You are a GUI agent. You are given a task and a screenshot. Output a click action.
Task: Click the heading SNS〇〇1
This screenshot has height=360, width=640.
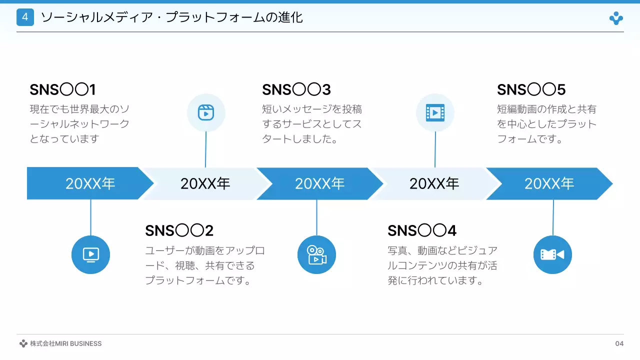(x=62, y=89)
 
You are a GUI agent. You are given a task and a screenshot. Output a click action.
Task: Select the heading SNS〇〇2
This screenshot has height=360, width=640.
(x=179, y=230)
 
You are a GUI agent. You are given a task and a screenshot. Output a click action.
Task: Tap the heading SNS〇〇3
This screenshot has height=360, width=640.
(x=296, y=89)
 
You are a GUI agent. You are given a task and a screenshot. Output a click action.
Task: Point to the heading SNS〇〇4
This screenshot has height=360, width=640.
(x=421, y=230)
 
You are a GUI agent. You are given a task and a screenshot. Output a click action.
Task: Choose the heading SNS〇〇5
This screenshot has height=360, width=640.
(x=531, y=89)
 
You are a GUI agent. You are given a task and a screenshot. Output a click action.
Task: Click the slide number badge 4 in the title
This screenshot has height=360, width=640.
(x=25, y=17)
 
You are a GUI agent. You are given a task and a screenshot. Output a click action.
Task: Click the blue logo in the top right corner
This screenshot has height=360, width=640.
(x=616, y=18)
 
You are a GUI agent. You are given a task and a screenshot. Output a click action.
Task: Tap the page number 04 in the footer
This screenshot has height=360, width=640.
(x=619, y=343)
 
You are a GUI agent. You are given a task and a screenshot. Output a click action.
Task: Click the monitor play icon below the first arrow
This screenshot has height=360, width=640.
(x=90, y=254)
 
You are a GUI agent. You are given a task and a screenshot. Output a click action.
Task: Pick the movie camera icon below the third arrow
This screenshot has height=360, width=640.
(x=316, y=255)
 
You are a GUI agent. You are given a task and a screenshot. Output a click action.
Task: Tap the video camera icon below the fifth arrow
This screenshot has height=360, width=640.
(x=552, y=254)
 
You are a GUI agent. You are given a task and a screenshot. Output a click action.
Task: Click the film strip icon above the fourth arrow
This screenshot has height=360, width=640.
(x=435, y=112)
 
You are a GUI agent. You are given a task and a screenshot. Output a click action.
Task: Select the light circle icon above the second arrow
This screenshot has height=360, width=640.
(x=206, y=112)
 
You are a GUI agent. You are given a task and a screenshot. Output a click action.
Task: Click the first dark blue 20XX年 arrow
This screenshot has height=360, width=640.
(x=90, y=183)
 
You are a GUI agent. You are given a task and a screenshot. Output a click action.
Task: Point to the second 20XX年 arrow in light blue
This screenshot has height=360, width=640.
(x=205, y=183)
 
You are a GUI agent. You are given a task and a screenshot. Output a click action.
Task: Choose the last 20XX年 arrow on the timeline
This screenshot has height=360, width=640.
(x=549, y=183)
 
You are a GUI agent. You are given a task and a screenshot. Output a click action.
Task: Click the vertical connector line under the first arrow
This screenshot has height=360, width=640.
(x=90, y=217)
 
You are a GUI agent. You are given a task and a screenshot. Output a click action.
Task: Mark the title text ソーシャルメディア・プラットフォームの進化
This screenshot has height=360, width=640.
(x=171, y=17)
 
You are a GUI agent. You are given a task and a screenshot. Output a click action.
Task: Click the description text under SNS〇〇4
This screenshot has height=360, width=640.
(x=442, y=265)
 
